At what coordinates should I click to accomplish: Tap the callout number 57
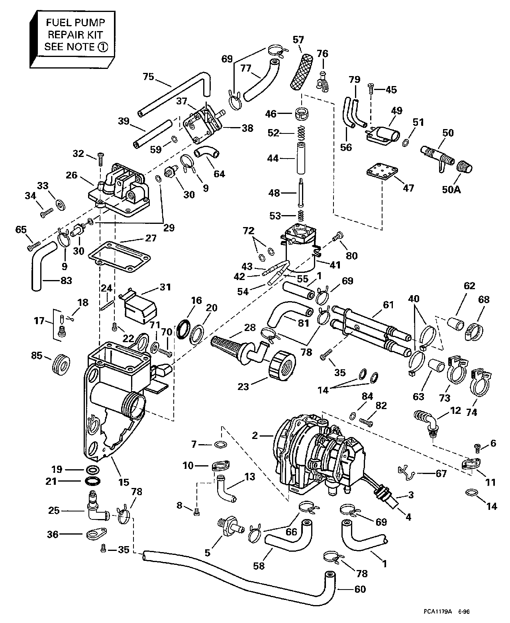(298, 39)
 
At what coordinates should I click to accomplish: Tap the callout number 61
(388, 305)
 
